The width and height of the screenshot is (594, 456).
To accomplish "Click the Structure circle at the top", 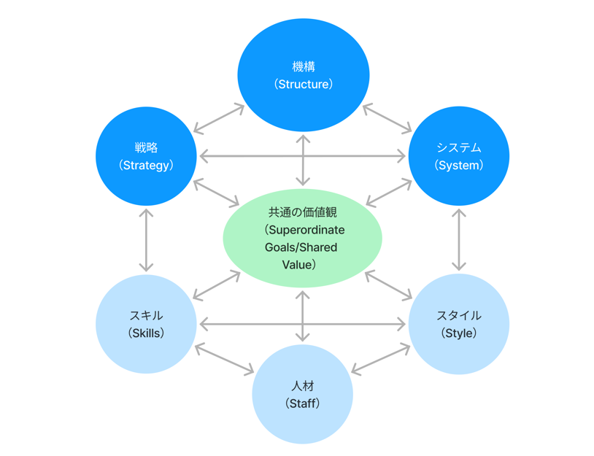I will click(x=303, y=75).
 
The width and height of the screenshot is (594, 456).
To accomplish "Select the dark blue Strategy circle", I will click(x=146, y=155).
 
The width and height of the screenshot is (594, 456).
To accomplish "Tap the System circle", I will click(x=458, y=155).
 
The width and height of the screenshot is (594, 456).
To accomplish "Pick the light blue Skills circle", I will click(x=146, y=324).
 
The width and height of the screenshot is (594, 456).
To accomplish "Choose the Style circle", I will click(x=458, y=324).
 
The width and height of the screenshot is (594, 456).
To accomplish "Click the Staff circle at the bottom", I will click(x=302, y=394).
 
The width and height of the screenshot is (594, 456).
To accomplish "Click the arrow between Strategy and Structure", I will click(x=219, y=118).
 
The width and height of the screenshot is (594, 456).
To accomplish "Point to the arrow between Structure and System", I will click(x=387, y=118).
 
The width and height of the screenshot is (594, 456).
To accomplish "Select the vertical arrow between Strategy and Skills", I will click(x=146, y=240).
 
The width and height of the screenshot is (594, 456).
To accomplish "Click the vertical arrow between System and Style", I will click(x=458, y=240).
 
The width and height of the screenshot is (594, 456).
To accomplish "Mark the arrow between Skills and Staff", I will click(x=224, y=359).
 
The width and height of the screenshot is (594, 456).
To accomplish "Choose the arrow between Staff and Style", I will click(x=381, y=359).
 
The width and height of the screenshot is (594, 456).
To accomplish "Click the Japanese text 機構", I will click(x=303, y=67).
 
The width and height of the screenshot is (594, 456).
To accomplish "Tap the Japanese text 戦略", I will click(x=146, y=147).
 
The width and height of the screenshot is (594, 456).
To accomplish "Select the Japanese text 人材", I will click(x=302, y=386).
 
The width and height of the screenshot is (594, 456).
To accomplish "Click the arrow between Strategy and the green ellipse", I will click(x=217, y=192).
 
